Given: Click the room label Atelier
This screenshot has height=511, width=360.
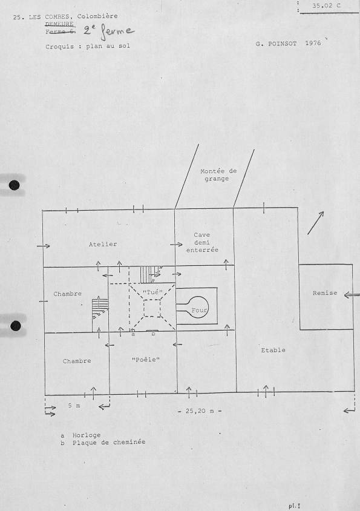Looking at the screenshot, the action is pyautogui.click(x=103, y=244).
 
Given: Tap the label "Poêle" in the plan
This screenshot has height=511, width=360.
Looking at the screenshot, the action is pyautogui.click(x=146, y=360).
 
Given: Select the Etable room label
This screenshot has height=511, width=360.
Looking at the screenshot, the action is pyautogui.click(x=273, y=351).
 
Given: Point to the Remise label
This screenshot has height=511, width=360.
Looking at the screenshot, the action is pyautogui.click(x=325, y=293).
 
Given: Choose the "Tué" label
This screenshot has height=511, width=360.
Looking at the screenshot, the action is pyautogui.click(x=152, y=292).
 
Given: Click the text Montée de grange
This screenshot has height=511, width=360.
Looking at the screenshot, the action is pyautogui.click(x=218, y=175).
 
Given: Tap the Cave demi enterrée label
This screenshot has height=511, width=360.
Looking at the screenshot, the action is pyautogui.click(x=202, y=242).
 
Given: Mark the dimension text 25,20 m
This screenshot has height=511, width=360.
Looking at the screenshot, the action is pyautogui.click(x=200, y=411).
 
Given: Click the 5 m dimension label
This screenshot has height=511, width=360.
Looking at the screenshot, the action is pyautogui.click(x=74, y=406).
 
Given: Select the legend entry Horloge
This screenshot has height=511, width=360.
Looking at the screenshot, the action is pyautogui.click(x=87, y=435).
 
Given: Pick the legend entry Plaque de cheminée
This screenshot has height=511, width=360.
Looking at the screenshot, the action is pyautogui.click(x=109, y=443).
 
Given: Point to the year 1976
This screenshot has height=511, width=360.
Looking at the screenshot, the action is pyautogui.click(x=313, y=43).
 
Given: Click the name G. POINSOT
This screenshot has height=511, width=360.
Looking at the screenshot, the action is pyautogui.click(x=277, y=44).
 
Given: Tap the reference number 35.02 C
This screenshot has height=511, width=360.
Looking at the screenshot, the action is pyautogui.click(x=327, y=5).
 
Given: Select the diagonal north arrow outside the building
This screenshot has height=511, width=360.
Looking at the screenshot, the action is pyautogui.click(x=315, y=223).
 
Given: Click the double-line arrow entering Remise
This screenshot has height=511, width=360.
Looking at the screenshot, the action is pyautogui.click(x=352, y=295).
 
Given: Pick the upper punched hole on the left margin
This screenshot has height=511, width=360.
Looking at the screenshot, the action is pyautogui.click(x=15, y=185).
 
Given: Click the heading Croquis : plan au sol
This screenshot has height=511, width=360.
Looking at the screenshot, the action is pyautogui.click(x=88, y=47).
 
